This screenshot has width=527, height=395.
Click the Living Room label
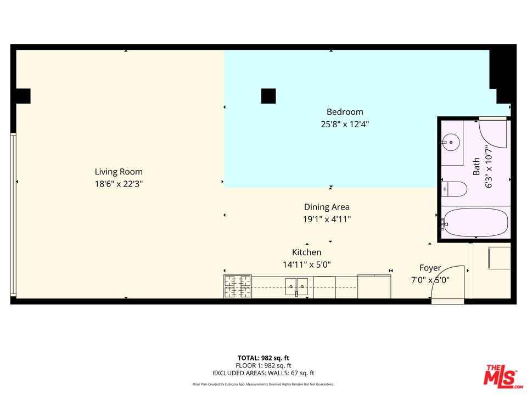point(119,172)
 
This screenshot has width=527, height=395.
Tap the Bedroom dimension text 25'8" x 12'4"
point(345,125)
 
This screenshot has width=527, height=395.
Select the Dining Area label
point(327,207)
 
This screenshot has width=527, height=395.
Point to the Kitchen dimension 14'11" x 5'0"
point(306,264)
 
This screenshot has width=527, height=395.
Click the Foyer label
point(430,268)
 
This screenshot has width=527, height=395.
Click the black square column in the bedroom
point(268,96)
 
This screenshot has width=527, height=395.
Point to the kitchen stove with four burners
point(237,287)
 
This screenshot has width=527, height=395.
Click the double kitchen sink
point(296,284)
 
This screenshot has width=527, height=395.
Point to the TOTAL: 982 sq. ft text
point(263,358)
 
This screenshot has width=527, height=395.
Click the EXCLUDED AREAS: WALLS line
point(263,373)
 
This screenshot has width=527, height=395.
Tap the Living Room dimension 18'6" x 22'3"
point(119,184)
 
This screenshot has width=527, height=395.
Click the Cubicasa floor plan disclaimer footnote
point(263,385)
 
